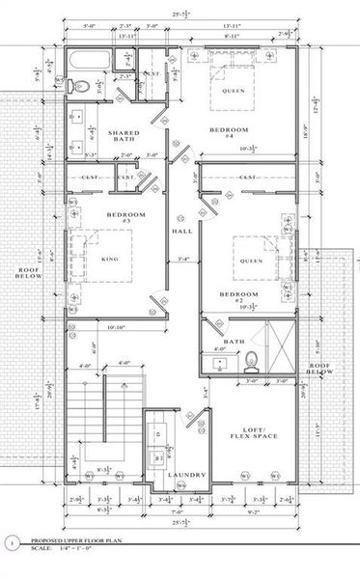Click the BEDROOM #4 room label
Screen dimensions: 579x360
click(x=230, y=133)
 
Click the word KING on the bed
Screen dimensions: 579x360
click(x=110, y=259)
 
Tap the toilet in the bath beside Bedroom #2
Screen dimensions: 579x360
click(x=251, y=363)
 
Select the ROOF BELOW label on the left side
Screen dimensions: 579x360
click(x=26, y=275)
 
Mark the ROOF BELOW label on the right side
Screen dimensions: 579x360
click(x=319, y=368)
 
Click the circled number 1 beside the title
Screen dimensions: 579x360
click(x=11, y=544)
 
